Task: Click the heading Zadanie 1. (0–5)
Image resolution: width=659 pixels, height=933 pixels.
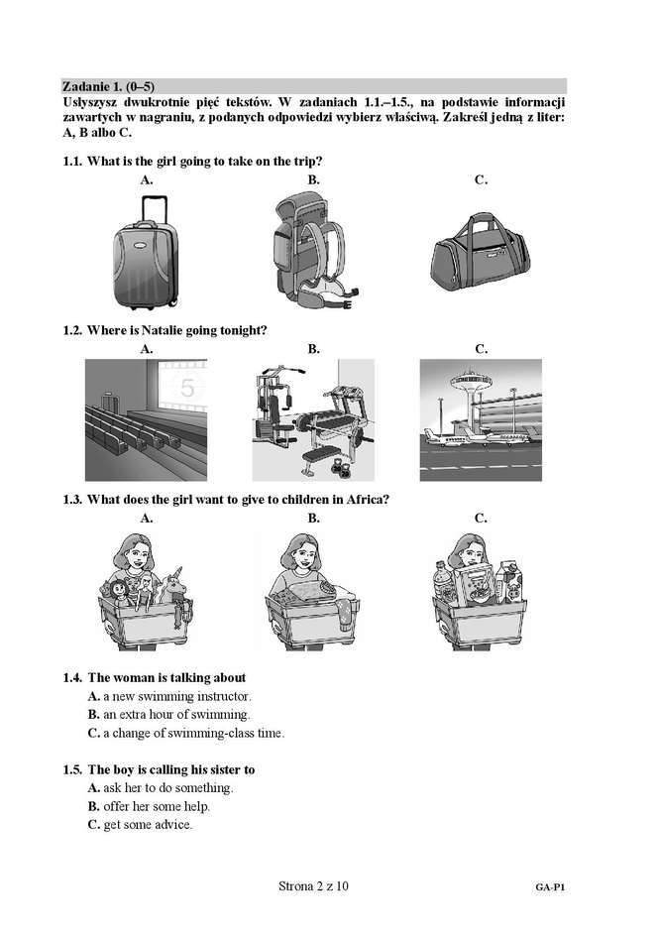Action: (108, 85)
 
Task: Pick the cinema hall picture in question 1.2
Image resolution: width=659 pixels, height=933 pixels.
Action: (147, 418)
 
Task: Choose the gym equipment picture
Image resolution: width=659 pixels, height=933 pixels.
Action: (313, 419)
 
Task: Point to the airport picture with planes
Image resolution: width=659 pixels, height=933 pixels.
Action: (481, 419)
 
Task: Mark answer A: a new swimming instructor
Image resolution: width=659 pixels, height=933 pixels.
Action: (169, 697)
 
